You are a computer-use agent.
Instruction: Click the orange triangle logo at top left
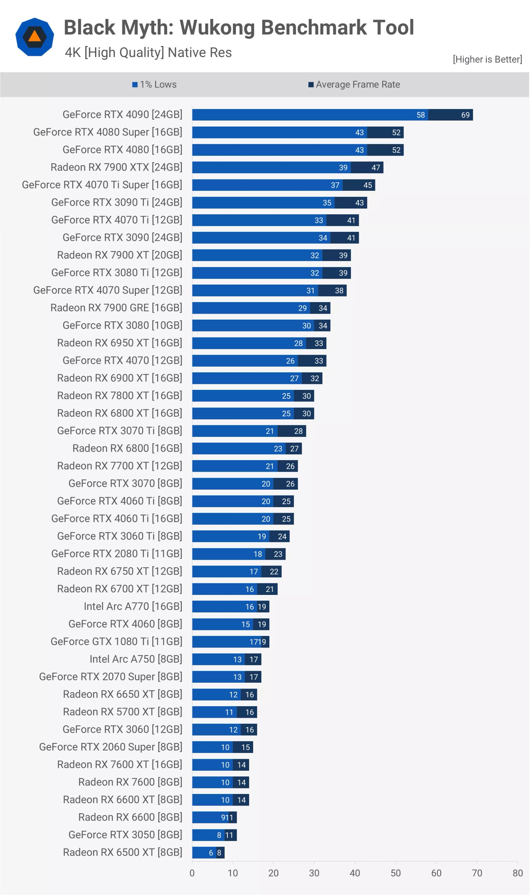click(x=35, y=36)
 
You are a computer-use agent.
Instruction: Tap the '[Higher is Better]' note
click(x=487, y=59)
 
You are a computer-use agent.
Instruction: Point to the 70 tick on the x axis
click(x=477, y=873)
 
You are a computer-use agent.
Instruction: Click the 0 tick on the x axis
click(x=192, y=873)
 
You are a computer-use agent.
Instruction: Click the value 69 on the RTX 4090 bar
click(x=465, y=115)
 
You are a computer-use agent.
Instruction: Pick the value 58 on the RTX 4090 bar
click(x=420, y=115)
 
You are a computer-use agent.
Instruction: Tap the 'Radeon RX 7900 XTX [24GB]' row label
click(x=116, y=167)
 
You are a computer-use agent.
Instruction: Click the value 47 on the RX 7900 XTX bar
click(x=375, y=168)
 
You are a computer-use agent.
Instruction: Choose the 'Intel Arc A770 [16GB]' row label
click(x=133, y=606)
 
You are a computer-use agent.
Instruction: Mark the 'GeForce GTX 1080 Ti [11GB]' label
click(x=116, y=641)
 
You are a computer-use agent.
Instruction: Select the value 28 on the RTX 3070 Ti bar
click(x=298, y=431)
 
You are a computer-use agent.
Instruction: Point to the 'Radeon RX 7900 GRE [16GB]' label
click(x=116, y=307)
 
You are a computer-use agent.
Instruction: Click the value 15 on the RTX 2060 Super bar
click(x=245, y=747)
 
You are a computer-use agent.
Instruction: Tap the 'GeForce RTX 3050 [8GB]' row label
click(x=125, y=835)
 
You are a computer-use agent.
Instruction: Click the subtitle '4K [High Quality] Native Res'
click(x=148, y=52)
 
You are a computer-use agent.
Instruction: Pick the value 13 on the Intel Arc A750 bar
click(x=237, y=659)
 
